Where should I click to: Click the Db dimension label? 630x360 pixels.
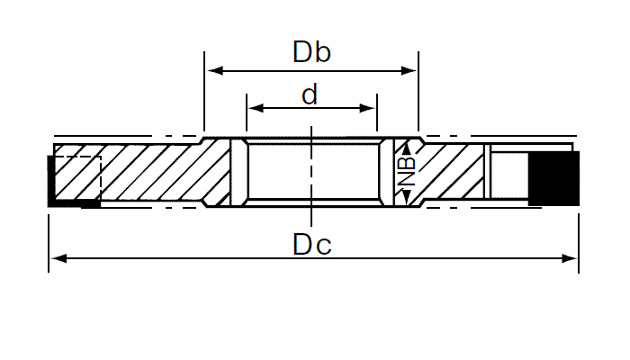pos(311,51)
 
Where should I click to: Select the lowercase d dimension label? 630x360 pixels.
pos(309,95)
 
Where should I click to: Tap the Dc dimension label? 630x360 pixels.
pos(311,244)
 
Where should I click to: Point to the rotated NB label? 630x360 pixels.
pos(407,172)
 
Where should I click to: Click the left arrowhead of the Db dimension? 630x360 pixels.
pos(213,69)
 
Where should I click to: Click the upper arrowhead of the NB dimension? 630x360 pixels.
pos(406,148)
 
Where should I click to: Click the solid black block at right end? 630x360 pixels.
pos(553,177)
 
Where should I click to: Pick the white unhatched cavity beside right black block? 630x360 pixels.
pos(508,175)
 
